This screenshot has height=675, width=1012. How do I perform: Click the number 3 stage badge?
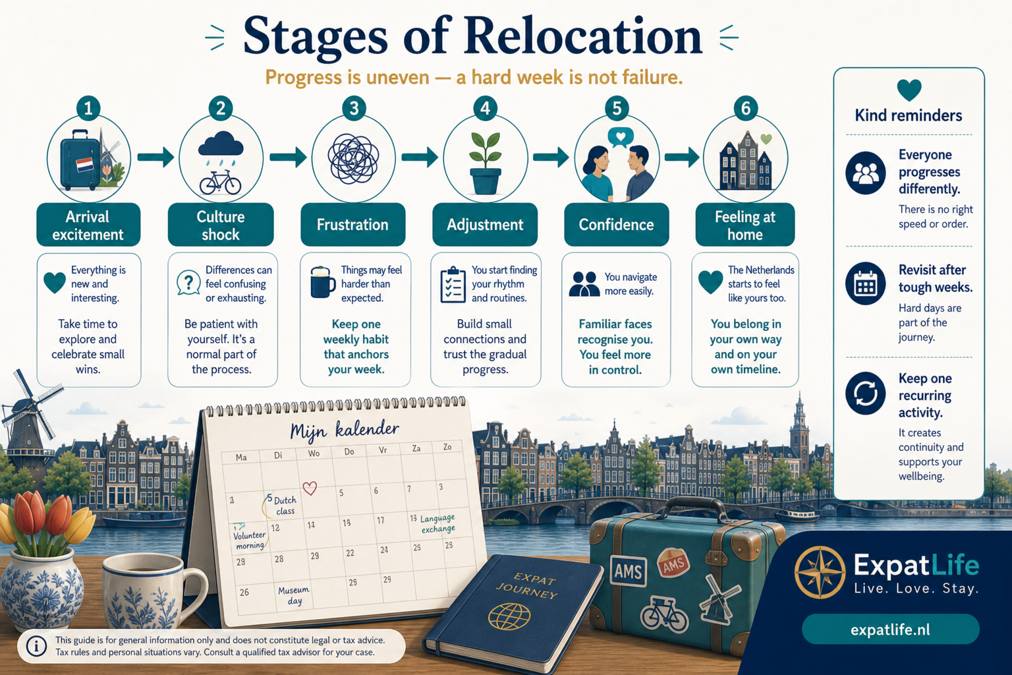point(354,109)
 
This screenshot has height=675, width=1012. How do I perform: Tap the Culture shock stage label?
point(221,225)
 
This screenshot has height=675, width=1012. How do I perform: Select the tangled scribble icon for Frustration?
point(353,159)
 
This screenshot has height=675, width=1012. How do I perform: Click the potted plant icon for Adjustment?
point(485,163)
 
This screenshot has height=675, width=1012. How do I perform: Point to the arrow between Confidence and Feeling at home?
point(682,157)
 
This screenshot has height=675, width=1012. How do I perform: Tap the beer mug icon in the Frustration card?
point(323,282)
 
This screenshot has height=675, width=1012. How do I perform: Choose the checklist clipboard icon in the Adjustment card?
point(453,284)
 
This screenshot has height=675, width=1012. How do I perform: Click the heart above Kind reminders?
point(909,90)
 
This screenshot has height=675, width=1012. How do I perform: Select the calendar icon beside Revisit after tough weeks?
point(865,283)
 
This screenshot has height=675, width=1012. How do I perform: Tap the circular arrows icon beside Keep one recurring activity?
point(865,393)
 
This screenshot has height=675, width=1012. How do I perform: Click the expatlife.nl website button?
point(891,630)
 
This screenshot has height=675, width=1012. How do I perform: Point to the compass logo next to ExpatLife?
point(820,572)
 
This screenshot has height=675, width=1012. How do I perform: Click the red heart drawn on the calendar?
point(310,488)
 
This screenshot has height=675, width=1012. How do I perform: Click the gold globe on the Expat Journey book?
point(509,616)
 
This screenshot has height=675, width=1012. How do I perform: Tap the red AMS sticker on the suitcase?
point(673,564)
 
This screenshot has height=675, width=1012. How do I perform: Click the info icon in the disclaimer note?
point(36,646)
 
